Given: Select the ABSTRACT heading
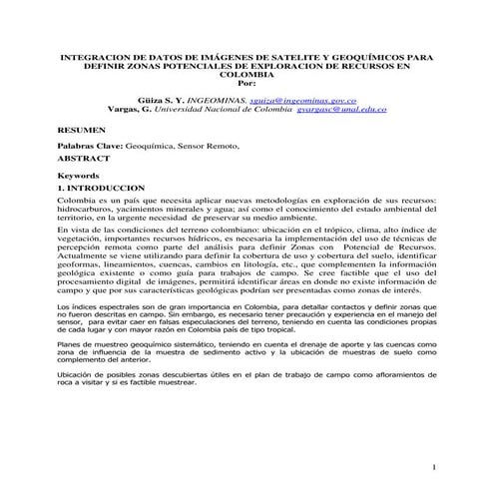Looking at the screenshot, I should coord(81,157).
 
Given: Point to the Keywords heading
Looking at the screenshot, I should coord(79,176).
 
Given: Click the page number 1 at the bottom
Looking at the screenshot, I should coord(436,467).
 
